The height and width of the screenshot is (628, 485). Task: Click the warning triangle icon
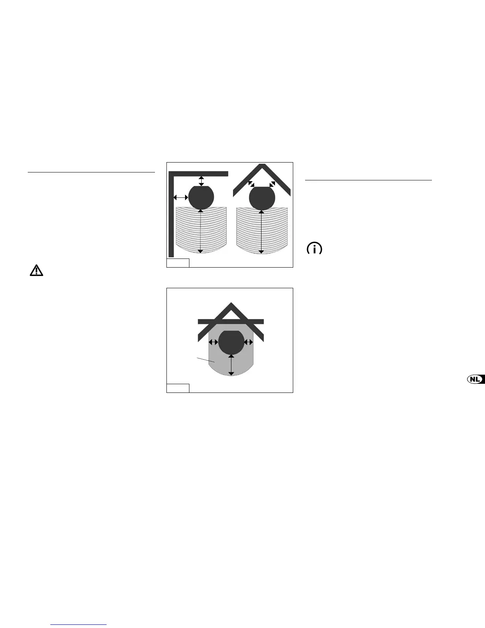coord(36,270)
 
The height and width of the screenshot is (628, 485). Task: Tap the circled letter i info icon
coord(315,249)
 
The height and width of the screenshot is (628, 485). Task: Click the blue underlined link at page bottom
coord(79,624)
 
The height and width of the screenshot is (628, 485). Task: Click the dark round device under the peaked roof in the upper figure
coord(262,198)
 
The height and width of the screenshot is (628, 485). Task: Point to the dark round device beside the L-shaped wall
coord(201,197)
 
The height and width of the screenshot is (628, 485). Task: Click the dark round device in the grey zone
coord(231,342)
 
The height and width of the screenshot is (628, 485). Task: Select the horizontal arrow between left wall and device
coord(181,197)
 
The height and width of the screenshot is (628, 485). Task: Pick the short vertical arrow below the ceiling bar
coord(201,181)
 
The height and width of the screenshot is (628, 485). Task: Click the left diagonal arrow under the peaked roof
coord(251,184)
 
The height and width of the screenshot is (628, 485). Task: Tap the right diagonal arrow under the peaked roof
coord(272,184)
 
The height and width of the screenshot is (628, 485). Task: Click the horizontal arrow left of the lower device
coord(214,342)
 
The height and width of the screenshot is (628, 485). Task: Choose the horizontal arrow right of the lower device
coord(249,342)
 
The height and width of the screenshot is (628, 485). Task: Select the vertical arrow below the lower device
coord(231,365)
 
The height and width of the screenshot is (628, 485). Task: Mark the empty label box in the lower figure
coord(178,388)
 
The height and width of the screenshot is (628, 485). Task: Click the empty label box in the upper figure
coord(178,263)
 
